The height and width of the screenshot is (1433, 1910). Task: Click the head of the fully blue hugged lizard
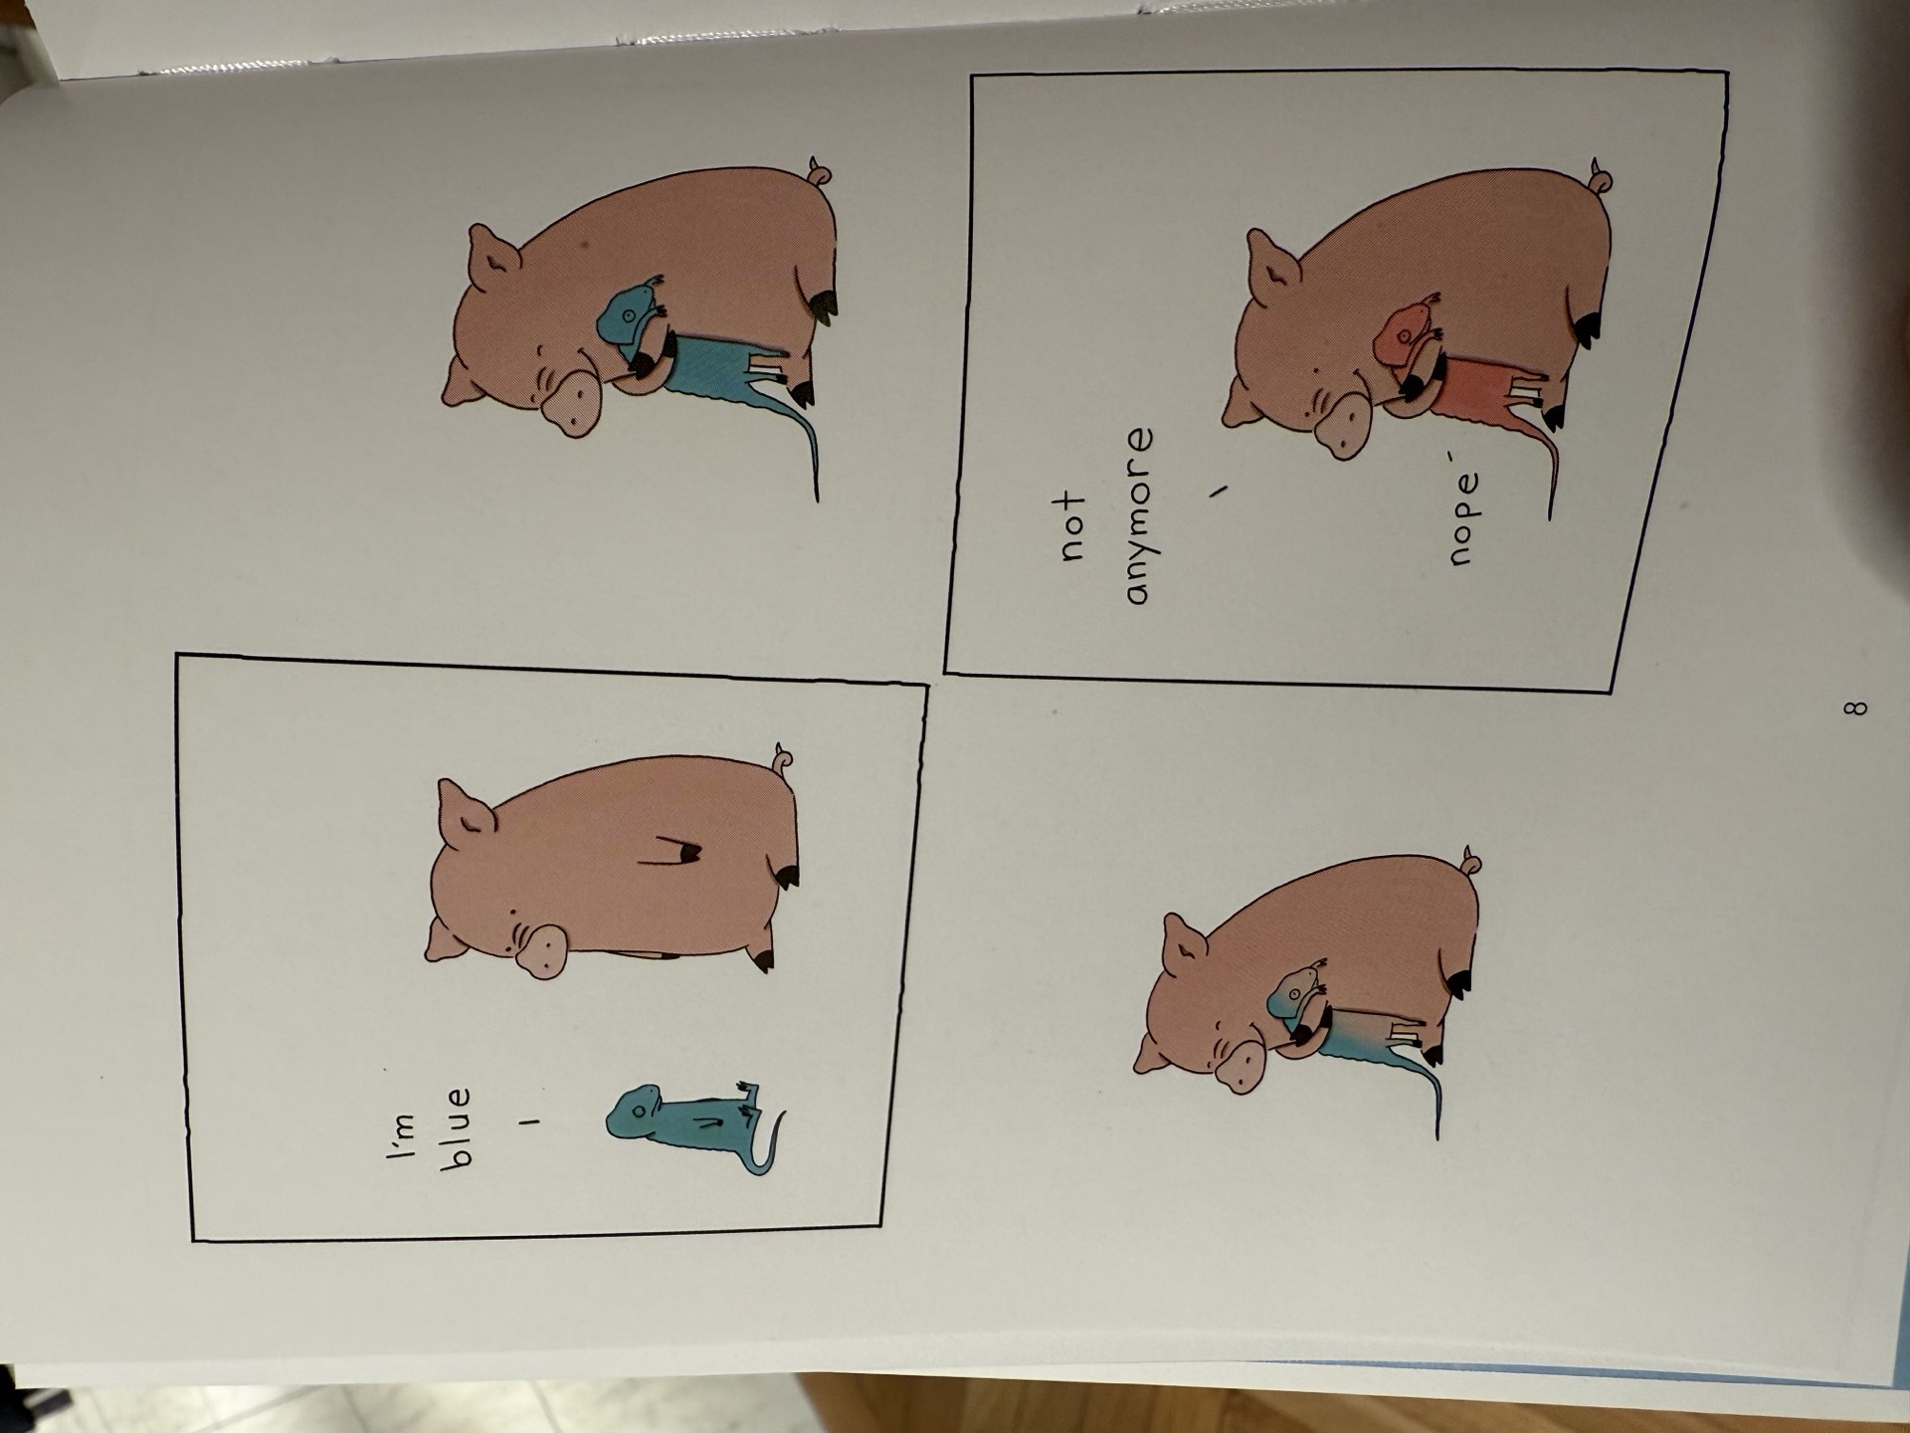pyautogui.click(x=625, y=314)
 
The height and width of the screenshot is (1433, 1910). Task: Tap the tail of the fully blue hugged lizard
pyautogui.click(x=804, y=448)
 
